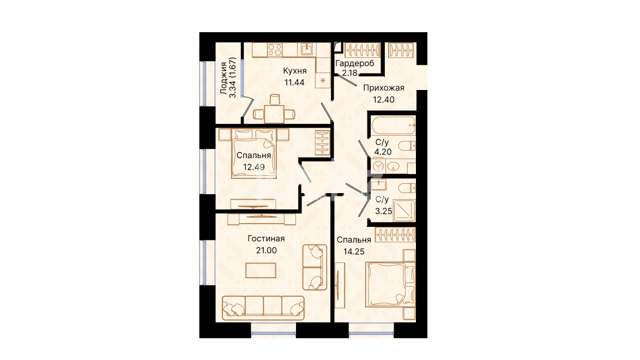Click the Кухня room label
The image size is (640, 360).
295,71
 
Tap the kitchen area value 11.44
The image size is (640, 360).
294,82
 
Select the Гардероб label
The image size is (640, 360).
355,63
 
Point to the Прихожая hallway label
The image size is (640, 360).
384,88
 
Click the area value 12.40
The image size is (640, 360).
384,99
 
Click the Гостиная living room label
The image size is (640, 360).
266,239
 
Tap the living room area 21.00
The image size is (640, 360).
266,250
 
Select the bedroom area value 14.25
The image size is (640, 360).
354,251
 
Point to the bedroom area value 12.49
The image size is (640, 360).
254,167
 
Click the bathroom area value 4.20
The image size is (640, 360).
383,152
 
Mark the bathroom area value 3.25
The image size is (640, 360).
384,211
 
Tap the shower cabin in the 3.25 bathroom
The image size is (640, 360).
404,211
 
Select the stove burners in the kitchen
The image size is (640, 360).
275,50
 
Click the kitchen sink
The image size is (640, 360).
306,50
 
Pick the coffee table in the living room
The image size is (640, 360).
261,271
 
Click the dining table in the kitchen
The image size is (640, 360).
274,114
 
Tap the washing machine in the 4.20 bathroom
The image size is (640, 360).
379,166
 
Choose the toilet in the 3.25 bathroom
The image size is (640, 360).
407,188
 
